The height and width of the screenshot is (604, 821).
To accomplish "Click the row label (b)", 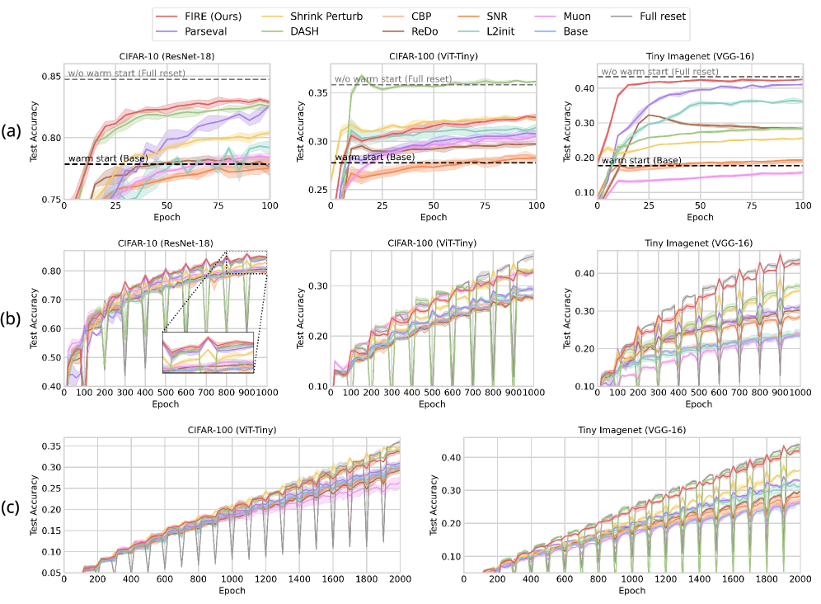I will tap(12, 318).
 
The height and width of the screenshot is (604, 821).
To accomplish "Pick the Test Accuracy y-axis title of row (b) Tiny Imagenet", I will tap(565, 318).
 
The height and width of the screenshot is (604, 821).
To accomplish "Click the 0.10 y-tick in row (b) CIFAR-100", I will tap(314, 386).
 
